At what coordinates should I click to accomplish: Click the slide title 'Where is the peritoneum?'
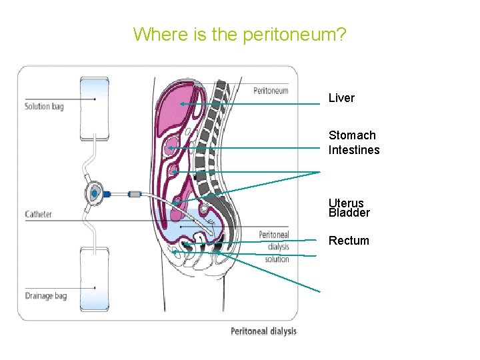pos(239,34)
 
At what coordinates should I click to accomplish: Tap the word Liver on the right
pos(341,98)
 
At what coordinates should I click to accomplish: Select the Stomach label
pos(352,135)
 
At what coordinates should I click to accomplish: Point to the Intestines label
pos(354,150)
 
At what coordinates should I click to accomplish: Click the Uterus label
pos(346,203)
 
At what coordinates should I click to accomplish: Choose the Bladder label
pos(349,213)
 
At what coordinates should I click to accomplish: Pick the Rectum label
pos(349,241)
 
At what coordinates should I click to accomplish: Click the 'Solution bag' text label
pos(44,106)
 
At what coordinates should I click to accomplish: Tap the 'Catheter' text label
pos(38,215)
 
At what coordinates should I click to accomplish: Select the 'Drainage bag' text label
pos(45,295)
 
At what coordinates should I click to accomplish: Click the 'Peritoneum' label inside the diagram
pos(271,91)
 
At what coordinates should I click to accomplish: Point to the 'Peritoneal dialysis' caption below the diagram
pos(263,331)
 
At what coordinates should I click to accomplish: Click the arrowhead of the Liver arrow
pos(181,104)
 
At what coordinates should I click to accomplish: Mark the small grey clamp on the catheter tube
pos(135,194)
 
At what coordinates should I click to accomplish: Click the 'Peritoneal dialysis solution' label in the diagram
pos(274,247)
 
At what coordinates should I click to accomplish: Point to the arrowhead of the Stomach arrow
pos(170,147)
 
